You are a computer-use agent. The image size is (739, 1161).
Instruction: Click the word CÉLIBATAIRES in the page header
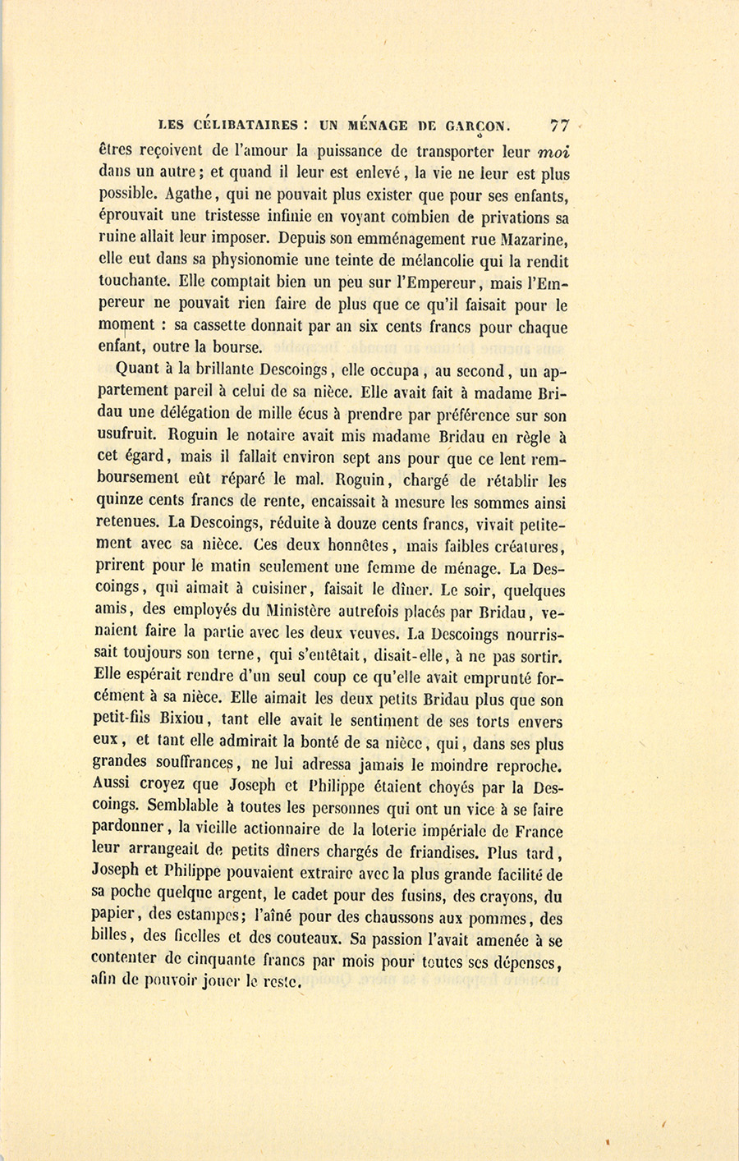point(244,126)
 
